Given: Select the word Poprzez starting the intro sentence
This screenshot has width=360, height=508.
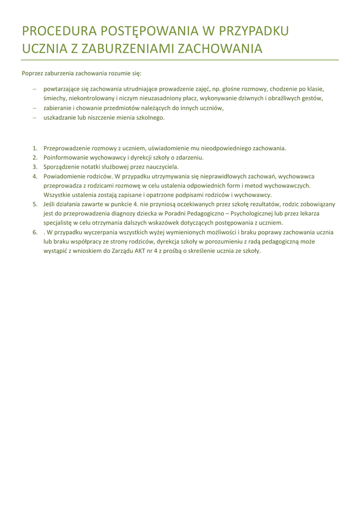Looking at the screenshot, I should coord(32,73).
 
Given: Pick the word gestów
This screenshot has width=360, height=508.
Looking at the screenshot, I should coord(313,98).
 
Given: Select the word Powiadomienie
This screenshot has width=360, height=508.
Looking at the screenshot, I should coord(65,176).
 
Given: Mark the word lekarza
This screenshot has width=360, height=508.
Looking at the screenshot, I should coord(308,213).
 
